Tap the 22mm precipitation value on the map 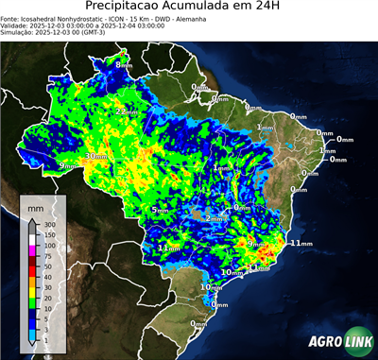pos(125,111)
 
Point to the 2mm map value pos(215,218)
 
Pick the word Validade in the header pos(19,28)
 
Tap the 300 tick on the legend pos(49,224)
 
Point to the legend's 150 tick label pos(49,234)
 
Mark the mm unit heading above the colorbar pos(34,206)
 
